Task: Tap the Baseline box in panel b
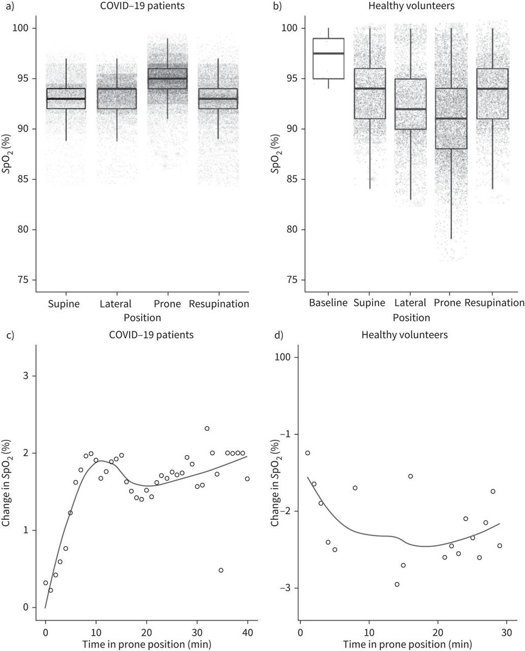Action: (329, 58)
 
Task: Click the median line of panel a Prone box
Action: (167, 79)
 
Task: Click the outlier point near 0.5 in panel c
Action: (221, 570)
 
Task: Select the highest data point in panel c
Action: (207, 429)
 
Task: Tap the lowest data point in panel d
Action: (397, 584)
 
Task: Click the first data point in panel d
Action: (308, 453)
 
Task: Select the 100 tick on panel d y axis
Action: (284, 358)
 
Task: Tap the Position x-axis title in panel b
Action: (411, 317)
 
